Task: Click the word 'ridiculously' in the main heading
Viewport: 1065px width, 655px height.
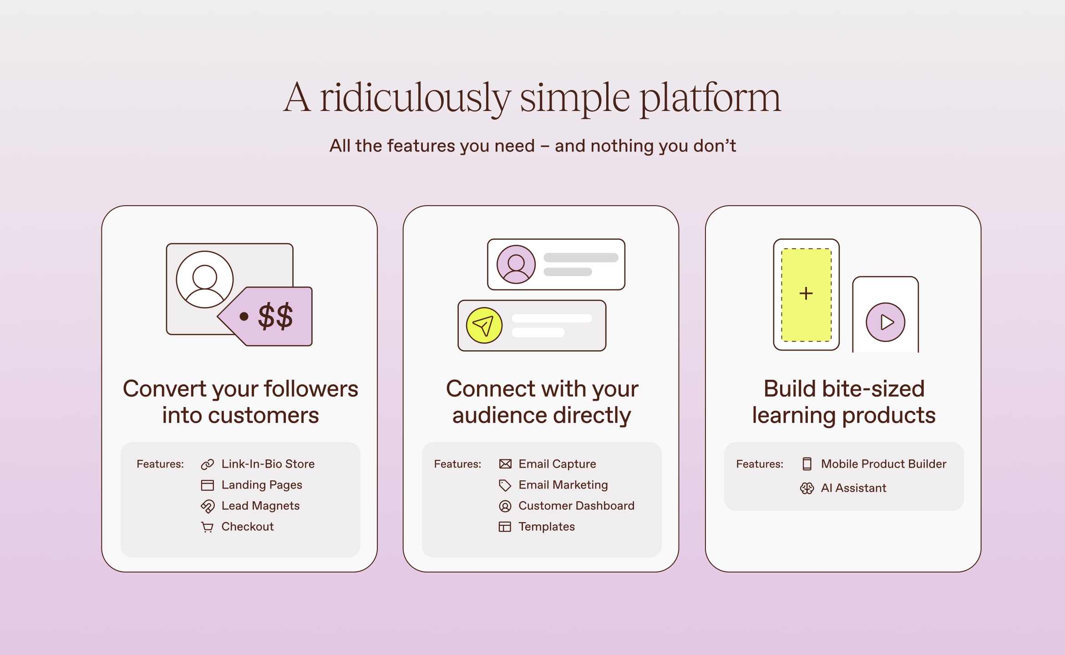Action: click(x=415, y=98)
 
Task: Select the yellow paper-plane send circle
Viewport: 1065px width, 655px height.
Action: click(x=484, y=326)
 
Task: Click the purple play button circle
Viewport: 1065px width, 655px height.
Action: click(x=885, y=322)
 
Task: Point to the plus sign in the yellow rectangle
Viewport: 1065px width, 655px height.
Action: click(x=806, y=293)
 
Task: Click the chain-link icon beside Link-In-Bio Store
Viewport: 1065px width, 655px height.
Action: click(x=208, y=464)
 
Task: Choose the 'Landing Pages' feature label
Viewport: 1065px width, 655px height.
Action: click(x=262, y=485)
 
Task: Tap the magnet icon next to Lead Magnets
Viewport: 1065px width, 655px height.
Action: click(x=208, y=506)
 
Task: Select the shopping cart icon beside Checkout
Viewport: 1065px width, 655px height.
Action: click(x=208, y=527)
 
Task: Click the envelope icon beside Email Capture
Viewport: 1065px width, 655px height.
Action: click(x=505, y=464)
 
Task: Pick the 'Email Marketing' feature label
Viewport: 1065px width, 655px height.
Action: click(x=563, y=485)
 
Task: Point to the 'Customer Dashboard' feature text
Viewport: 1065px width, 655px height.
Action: click(x=576, y=506)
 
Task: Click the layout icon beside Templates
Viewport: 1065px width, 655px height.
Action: click(x=505, y=527)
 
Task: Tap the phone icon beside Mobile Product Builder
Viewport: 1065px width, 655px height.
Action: click(x=807, y=464)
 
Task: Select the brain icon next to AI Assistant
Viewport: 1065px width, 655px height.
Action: click(x=807, y=489)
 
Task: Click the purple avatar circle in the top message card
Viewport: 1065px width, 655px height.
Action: click(x=516, y=264)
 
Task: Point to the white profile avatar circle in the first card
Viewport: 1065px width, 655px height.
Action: click(x=205, y=279)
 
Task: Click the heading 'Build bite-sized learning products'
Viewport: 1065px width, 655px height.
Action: click(x=843, y=402)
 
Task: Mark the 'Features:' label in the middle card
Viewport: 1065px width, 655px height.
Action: click(x=457, y=464)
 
